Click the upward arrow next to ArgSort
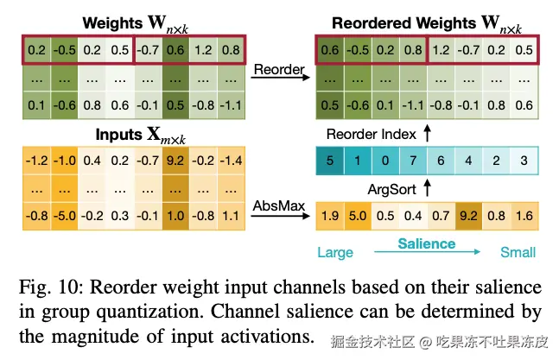tap(427, 186)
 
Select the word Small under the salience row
tap(518, 253)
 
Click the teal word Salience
tap(426, 244)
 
